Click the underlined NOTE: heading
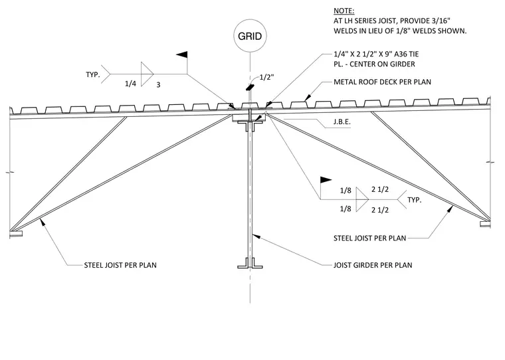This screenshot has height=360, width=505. click(x=344, y=11)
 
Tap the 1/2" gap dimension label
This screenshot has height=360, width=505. click(x=266, y=77)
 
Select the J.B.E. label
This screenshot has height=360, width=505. click(x=342, y=122)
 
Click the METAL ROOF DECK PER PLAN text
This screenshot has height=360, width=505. click(x=382, y=82)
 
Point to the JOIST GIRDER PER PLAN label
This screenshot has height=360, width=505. click(x=373, y=265)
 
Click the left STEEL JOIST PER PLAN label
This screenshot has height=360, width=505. click(x=120, y=265)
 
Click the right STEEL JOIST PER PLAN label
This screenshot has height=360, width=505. click(x=369, y=238)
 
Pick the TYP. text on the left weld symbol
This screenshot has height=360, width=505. click(x=93, y=74)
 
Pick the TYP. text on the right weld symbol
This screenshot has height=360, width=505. click(x=415, y=200)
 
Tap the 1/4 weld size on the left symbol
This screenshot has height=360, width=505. click(x=130, y=84)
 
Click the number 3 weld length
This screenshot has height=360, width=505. click(x=158, y=85)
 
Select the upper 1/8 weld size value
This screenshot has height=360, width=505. click(x=346, y=191)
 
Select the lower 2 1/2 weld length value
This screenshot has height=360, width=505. click(x=380, y=210)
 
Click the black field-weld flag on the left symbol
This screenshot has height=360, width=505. click(x=182, y=54)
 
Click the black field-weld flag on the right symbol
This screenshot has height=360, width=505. click(x=326, y=180)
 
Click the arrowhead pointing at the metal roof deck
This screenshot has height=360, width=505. click(x=308, y=97)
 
